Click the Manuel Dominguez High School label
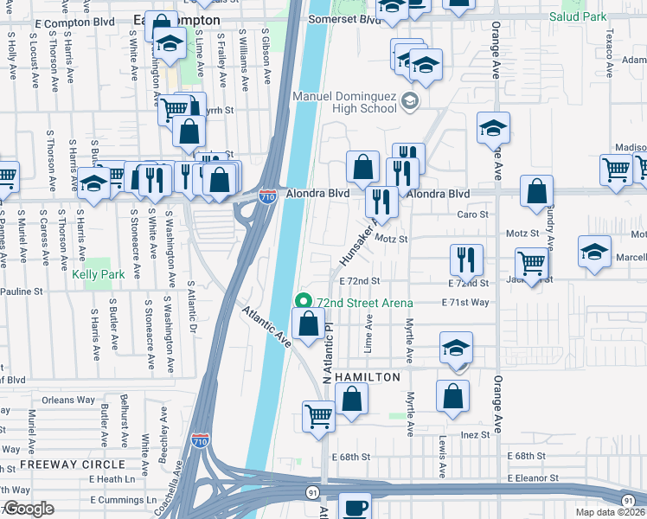[346, 102]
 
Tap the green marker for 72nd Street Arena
[303, 302]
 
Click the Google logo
[29, 509]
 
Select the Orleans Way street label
[68, 400]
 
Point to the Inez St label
[476, 434]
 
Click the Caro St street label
[472, 214]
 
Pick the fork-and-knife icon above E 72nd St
[466, 259]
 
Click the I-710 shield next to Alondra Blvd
[268, 196]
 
